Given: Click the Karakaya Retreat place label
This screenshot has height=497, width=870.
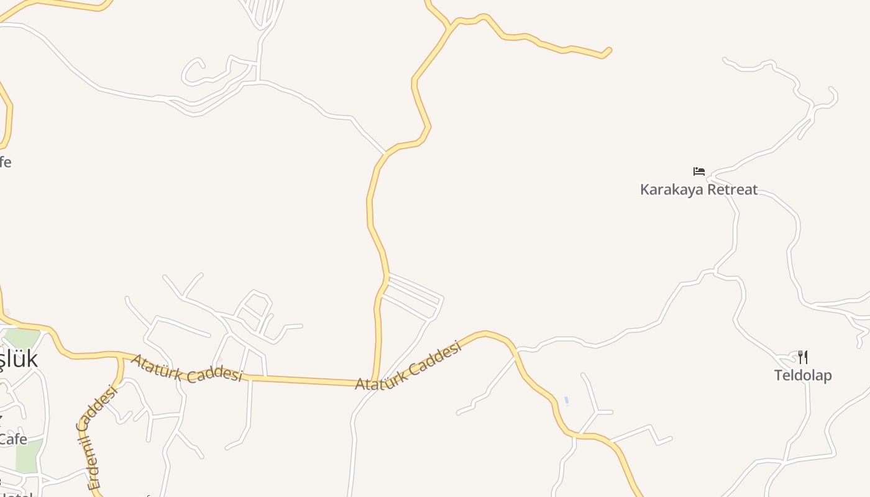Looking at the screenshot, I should coord(698,189).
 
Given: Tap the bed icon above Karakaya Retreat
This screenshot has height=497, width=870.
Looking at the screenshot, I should coord(699,171).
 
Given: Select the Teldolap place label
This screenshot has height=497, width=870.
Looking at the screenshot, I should coord(802,375).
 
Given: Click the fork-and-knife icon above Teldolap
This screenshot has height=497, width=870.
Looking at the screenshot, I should coord(802,357).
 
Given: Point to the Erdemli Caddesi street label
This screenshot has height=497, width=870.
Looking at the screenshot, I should coord(97,437).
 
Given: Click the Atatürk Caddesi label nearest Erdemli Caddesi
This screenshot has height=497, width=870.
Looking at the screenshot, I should coord(186,368).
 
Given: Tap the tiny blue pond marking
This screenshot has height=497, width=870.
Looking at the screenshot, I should coord(566,400).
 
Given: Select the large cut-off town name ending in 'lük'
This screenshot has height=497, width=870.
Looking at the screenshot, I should coord(19,359).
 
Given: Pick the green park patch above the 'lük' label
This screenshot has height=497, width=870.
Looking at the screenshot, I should coord(22,338).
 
